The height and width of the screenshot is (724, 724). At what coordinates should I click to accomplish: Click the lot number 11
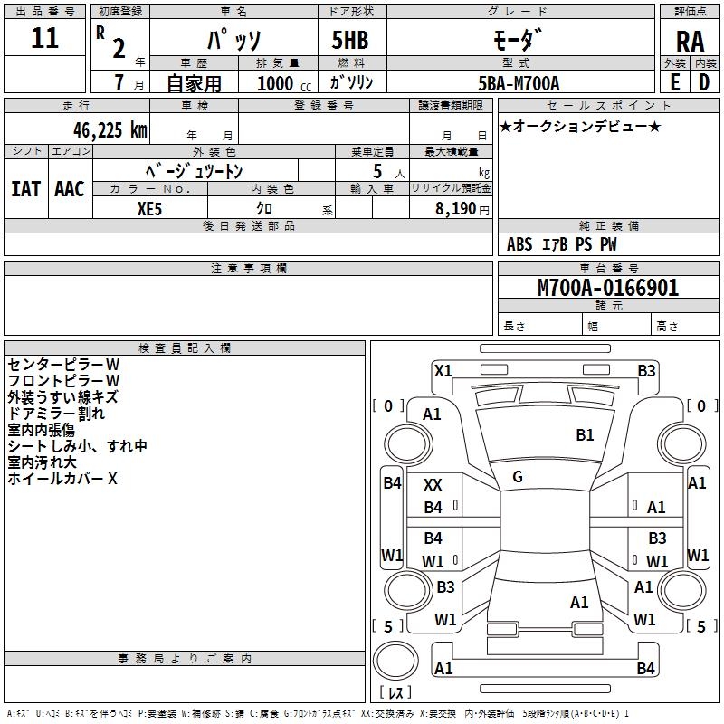44,39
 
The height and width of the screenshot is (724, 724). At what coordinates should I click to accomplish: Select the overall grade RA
690,42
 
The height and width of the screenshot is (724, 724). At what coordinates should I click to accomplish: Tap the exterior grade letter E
674,81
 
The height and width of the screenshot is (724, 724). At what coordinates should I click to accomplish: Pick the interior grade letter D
704,81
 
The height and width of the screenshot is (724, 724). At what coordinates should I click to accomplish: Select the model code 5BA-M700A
519,82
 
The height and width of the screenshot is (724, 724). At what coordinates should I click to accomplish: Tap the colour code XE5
149,207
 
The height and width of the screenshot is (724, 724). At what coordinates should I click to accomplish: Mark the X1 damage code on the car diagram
443,370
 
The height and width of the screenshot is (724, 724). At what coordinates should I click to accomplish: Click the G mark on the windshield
518,476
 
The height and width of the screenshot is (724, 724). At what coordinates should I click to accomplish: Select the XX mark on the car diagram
433,485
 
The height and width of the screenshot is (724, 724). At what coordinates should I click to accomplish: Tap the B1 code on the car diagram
585,435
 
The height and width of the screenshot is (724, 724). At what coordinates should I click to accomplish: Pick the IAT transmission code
25,189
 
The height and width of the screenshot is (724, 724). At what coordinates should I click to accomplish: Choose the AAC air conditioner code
69,189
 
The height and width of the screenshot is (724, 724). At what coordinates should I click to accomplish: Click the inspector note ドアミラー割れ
56,414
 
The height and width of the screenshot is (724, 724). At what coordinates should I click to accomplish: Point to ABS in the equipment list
519,244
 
